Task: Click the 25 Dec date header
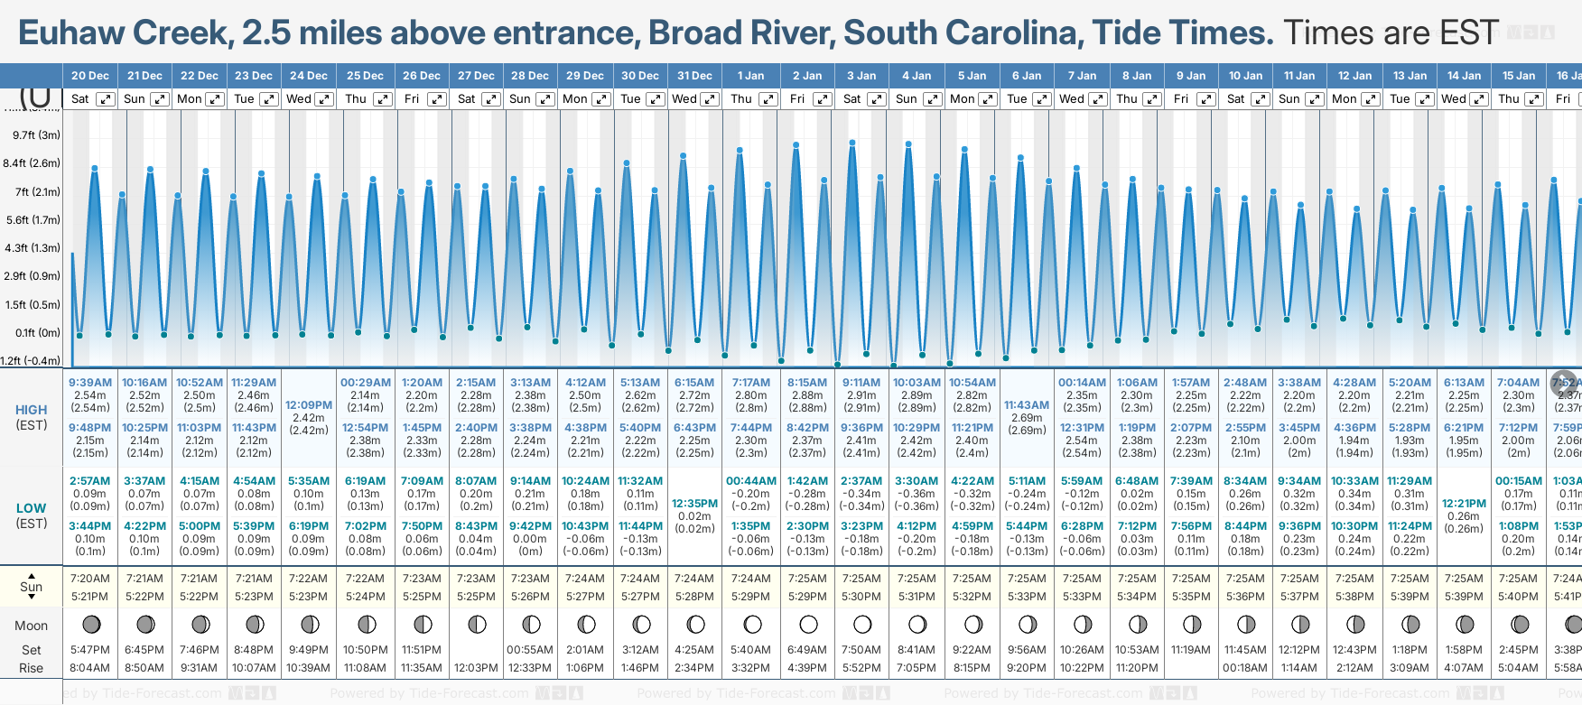tap(365, 76)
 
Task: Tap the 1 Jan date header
tap(750, 76)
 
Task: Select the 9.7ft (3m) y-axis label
tap(37, 135)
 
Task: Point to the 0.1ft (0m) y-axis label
tap(38, 333)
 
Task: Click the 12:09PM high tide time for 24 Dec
tap(309, 405)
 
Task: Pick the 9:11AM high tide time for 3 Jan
tap(861, 383)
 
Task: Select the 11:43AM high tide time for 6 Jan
tap(1027, 405)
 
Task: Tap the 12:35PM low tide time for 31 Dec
tap(695, 504)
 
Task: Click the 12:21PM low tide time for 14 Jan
tap(1464, 504)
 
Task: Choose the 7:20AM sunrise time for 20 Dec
tap(89, 579)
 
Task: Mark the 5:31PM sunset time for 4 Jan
tap(917, 597)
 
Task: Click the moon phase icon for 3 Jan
tap(862, 624)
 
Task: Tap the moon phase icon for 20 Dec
tap(90, 624)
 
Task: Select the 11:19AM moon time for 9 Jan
tap(1191, 650)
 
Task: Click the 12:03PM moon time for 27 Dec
tap(476, 668)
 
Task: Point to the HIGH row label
tap(32, 410)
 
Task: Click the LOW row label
tap(32, 508)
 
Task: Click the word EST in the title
tap(1469, 33)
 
